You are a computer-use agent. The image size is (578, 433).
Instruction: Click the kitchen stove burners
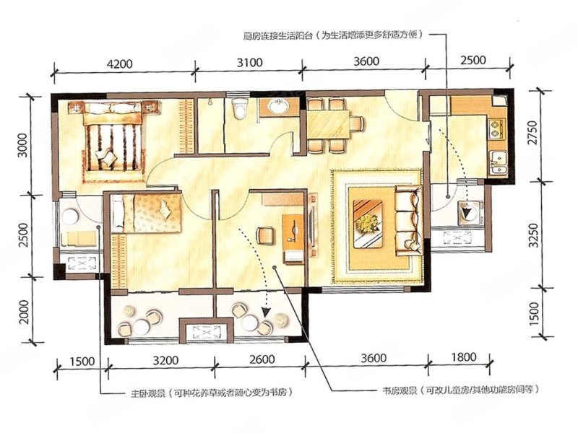[497, 130]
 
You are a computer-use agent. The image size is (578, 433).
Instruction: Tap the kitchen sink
[499, 160]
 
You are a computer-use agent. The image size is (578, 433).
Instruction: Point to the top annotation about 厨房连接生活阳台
[333, 34]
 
